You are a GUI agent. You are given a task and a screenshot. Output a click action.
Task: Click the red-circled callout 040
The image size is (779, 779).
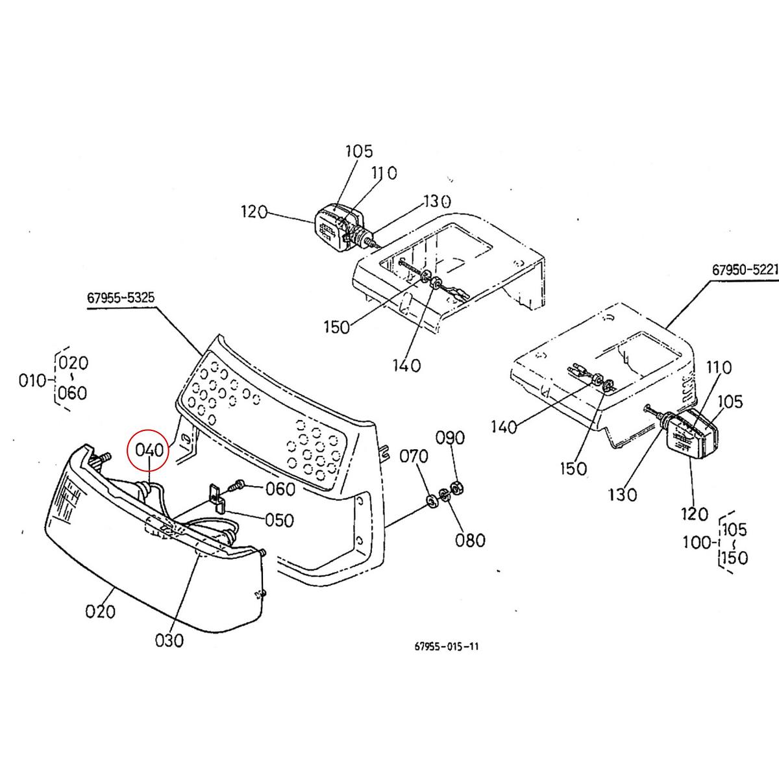pos(149,449)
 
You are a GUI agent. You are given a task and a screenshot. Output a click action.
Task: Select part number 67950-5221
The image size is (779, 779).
pos(745,269)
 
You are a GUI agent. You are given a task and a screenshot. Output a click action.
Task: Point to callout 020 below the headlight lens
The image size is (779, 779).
pos(100,612)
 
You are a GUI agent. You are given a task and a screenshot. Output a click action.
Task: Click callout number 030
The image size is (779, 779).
pos(169,640)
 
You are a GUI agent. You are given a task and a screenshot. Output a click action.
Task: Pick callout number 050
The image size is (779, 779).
pos(279,520)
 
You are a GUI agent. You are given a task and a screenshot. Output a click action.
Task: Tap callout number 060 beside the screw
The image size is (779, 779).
pos(280,489)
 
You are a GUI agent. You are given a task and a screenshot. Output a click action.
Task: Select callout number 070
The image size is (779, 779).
pos(414,456)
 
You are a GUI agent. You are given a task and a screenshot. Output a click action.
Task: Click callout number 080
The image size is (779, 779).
pos(470,540)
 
